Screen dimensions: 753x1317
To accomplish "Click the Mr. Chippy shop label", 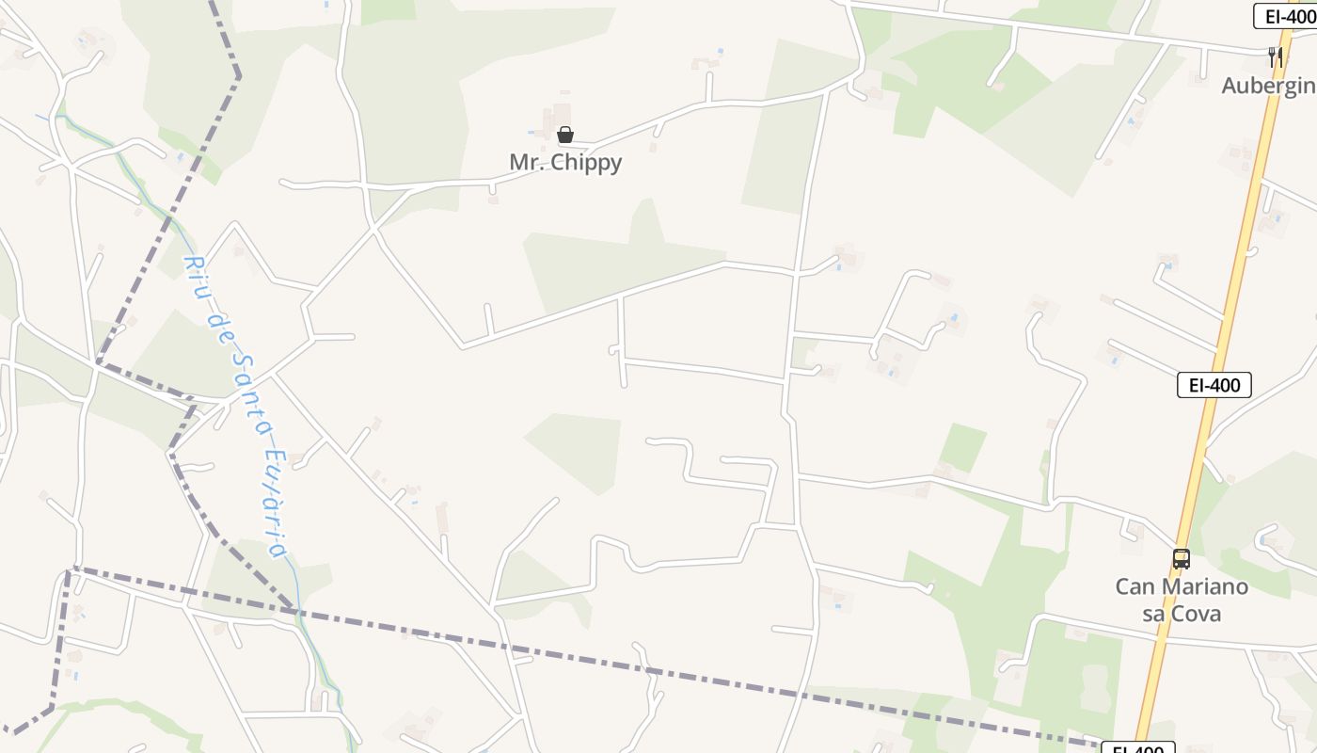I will [x=565, y=162].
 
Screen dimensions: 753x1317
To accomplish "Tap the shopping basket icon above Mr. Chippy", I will [x=565, y=135].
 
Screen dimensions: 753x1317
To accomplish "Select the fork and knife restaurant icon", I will [x=1276, y=56].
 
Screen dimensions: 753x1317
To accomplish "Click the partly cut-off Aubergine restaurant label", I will [x=1269, y=86].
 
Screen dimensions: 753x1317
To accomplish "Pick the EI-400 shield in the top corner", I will [x=1285, y=15].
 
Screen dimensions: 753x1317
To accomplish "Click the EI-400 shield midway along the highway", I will [x=1214, y=384].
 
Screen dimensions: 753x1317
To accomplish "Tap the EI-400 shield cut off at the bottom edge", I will [x=1138, y=749].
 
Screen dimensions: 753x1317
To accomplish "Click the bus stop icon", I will [x=1182, y=559].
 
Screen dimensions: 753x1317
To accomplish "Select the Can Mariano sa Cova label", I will [x=1182, y=601].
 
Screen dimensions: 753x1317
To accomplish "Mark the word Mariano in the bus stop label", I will [x=1204, y=586].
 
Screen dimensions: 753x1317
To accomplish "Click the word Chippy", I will [x=586, y=162].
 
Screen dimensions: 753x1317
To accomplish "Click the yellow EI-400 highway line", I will [x=1232, y=282].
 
